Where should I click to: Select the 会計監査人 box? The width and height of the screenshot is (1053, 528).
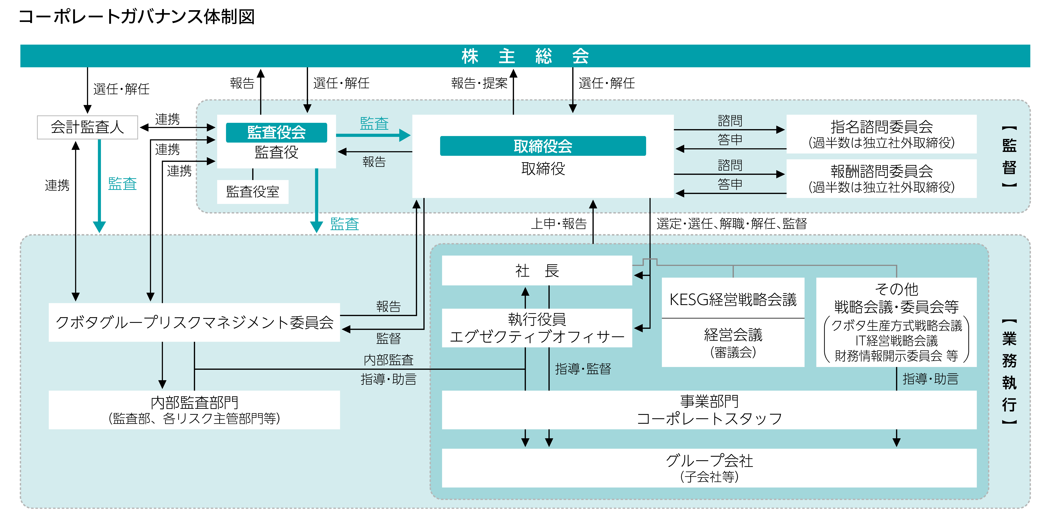pos(87,127)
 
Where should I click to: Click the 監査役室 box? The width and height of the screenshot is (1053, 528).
pos(253,192)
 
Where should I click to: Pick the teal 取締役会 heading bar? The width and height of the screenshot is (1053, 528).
pos(543,146)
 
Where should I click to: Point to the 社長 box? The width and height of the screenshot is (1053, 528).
pos(537,270)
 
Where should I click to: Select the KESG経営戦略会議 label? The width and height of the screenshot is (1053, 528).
pos(733,300)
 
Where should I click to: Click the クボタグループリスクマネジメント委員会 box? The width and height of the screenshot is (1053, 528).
pos(194,322)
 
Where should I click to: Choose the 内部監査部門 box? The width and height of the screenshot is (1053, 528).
pos(194,410)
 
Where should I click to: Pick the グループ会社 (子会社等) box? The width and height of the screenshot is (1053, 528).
pos(709,468)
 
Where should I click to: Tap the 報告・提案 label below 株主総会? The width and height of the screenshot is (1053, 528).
pos(479,83)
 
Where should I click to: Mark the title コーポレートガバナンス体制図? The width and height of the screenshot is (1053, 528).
pos(137,17)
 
